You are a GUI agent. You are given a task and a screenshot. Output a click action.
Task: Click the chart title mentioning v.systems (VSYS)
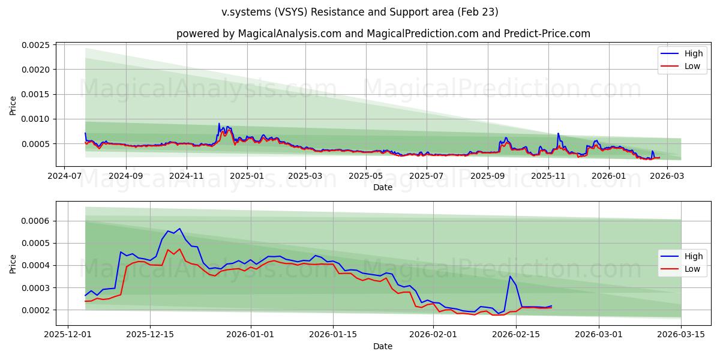[359, 12]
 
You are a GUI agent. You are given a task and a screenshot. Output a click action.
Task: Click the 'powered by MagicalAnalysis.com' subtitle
[383, 34]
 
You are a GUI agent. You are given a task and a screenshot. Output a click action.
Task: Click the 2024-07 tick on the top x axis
[64, 176]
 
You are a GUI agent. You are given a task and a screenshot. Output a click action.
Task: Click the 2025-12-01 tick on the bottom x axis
[67, 335]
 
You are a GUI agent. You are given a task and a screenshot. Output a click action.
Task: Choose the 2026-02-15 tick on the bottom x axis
[515, 335]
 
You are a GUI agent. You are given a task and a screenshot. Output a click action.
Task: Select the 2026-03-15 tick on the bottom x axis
[681, 335]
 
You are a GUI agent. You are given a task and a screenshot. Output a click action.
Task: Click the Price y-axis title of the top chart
[13, 105]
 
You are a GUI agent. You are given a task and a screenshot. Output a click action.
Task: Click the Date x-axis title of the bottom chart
[383, 346]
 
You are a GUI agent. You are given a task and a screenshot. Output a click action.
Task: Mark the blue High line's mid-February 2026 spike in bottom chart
[510, 276]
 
